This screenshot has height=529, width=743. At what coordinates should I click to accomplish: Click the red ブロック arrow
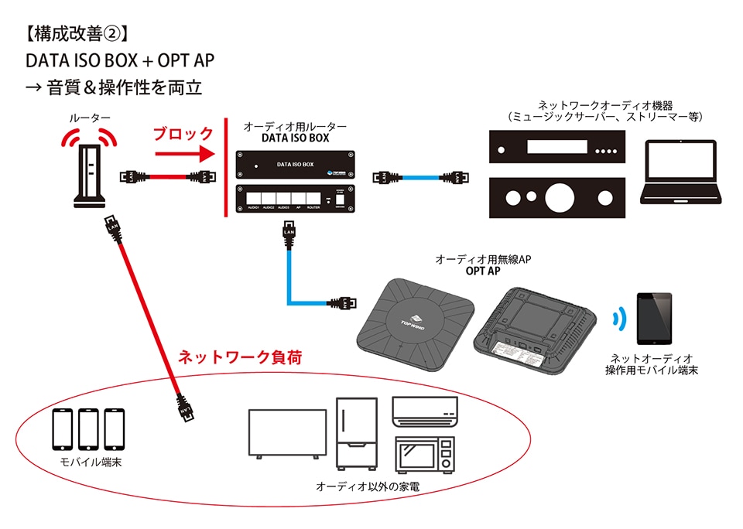[x=183, y=154]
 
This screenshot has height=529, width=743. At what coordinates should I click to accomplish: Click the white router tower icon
[x=90, y=177]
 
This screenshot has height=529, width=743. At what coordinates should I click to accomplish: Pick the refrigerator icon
[x=357, y=434]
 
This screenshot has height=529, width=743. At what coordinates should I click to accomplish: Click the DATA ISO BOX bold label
[x=295, y=138]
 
